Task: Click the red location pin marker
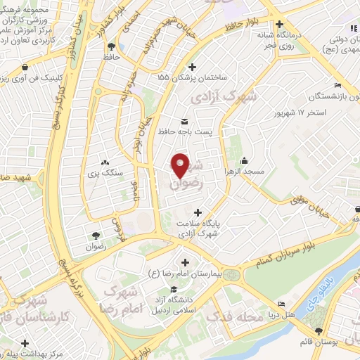[x=181, y=165]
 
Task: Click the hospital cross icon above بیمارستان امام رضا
[x=185, y=262]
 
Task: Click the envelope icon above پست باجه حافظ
[x=185, y=120]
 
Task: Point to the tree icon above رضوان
[x=96, y=235]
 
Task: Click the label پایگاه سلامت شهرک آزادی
[x=198, y=228]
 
